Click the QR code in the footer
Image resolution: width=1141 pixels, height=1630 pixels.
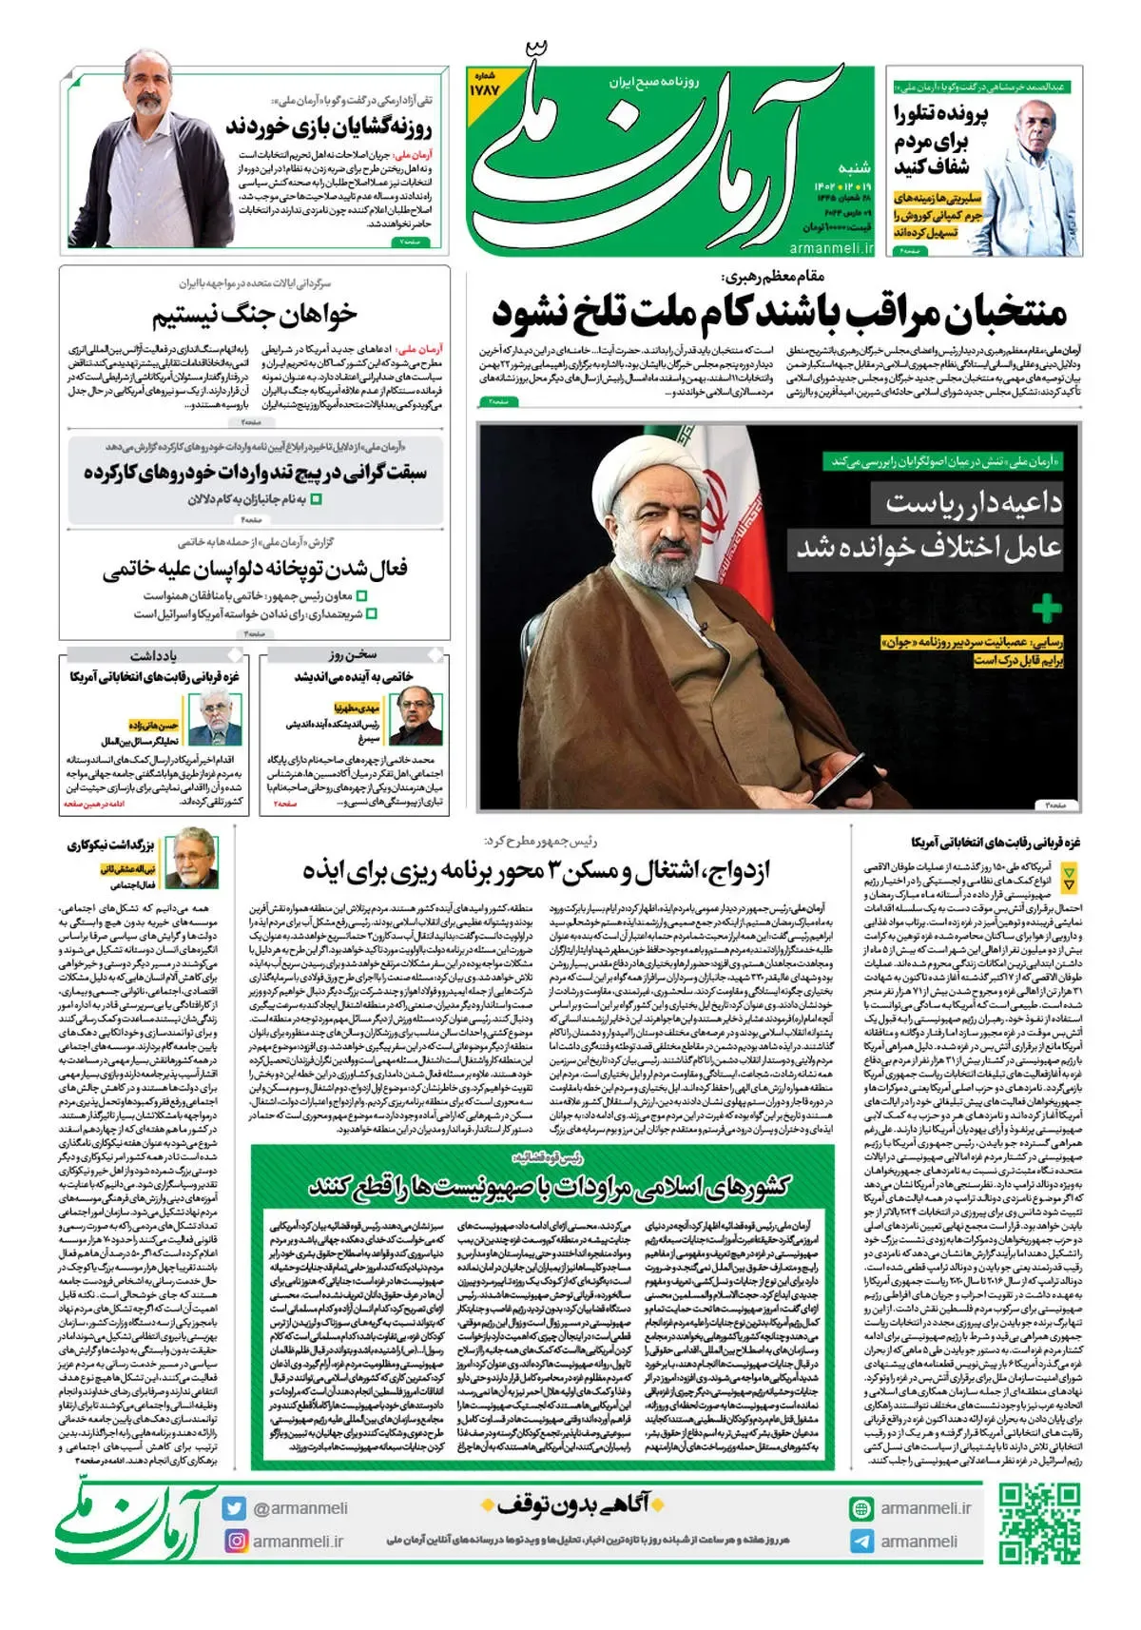(1039, 1524)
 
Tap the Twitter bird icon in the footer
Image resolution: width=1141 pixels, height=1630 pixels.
(234, 1508)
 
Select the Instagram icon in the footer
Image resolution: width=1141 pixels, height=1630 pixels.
(234, 1541)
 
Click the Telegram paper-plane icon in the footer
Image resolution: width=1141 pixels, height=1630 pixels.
(861, 1542)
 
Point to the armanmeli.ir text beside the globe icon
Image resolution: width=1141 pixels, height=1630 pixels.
(925, 1508)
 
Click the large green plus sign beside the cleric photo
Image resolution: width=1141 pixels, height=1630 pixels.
(1046, 609)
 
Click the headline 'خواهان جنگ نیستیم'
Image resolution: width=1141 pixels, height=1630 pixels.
(255, 314)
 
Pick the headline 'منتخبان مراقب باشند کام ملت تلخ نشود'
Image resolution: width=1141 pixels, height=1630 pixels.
(780, 311)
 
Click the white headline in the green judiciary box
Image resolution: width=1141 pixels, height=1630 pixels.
(549, 1186)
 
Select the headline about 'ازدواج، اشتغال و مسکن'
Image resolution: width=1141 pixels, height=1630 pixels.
(536, 870)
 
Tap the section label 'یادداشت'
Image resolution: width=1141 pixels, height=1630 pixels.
(153, 655)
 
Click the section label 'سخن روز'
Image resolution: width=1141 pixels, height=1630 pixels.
(354, 655)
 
